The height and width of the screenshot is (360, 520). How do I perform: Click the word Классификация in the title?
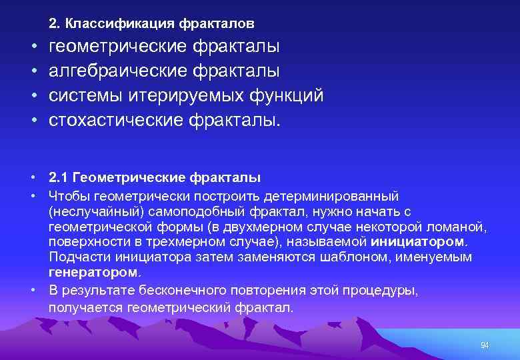[x=117, y=23]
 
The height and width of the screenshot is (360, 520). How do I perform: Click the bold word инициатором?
[x=419, y=241]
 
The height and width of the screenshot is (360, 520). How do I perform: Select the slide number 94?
[x=485, y=345]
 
